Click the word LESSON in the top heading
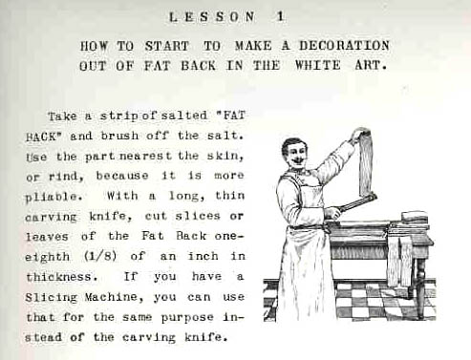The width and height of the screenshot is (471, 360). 212,17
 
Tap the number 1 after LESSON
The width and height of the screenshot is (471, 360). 280,16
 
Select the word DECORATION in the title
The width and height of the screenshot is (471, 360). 344,46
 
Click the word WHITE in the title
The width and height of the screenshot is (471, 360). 318,65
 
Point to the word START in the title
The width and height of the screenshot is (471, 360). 167,46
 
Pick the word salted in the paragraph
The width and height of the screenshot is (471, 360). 184,115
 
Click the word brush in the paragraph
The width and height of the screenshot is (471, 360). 120,136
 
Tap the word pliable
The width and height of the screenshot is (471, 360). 52,197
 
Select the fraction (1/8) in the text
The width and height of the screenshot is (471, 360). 100,256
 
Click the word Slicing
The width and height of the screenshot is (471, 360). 52,298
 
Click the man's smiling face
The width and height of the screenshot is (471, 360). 295,154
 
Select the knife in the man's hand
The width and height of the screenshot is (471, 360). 354,204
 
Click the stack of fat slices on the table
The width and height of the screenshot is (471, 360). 415,217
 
